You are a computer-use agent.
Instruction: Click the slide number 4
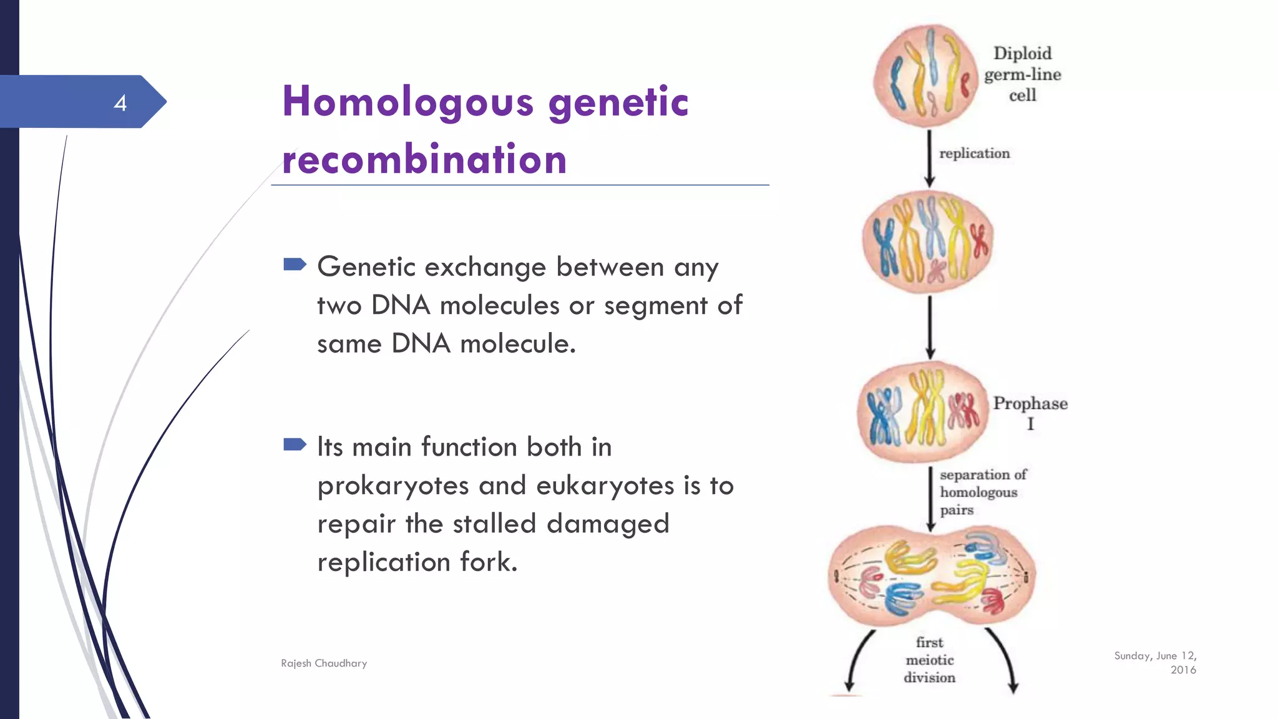click(x=120, y=103)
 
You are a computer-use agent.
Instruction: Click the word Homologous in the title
click(x=408, y=102)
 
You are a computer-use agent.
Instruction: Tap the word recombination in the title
click(x=424, y=159)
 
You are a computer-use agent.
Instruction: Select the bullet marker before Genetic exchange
click(x=295, y=265)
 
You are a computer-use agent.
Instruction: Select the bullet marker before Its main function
click(x=295, y=444)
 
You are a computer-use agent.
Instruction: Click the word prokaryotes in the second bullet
click(x=393, y=486)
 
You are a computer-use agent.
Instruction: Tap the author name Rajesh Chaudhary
click(x=324, y=663)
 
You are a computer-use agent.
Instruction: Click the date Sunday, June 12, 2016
click(x=1156, y=662)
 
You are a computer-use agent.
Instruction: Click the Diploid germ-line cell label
click(x=1022, y=74)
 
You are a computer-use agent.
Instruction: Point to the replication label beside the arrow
click(x=974, y=154)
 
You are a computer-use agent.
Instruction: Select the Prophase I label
click(x=1030, y=413)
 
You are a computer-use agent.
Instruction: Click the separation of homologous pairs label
click(x=982, y=492)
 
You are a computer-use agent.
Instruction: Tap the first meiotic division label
click(x=929, y=660)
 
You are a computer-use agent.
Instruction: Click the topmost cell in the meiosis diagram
click(x=925, y=76)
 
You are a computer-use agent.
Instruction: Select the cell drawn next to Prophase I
click(x=922, y=412)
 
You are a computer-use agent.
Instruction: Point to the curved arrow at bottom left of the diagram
click(x=857, y=662)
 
